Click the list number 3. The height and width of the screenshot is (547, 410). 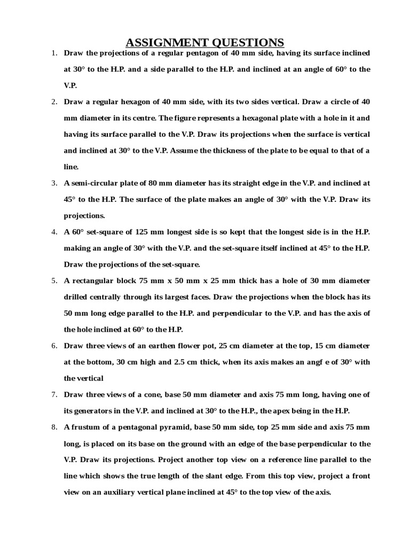[54, 183]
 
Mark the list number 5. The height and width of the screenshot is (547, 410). [54, 280]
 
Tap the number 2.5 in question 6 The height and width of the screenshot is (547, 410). [180, 362]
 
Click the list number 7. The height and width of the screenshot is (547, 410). [54, 394]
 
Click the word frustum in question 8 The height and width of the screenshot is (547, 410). [90, 427]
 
